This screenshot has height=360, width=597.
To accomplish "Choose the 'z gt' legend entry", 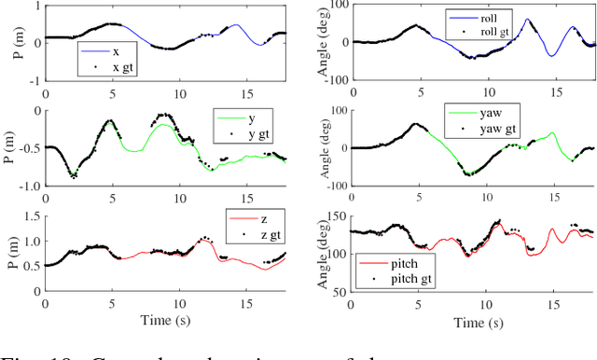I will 257,237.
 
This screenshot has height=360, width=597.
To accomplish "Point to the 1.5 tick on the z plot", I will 32,216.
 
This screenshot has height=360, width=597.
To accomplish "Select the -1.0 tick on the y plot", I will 28,186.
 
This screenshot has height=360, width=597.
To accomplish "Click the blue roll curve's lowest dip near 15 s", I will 551,55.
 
